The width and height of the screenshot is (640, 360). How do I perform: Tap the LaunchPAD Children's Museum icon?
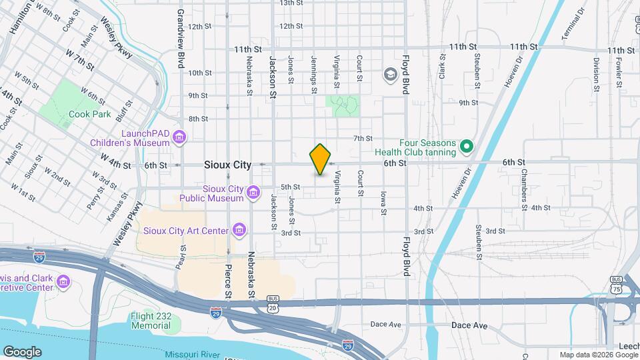(x=179, y=138)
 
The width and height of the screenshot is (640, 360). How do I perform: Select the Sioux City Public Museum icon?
(x=253, y=193)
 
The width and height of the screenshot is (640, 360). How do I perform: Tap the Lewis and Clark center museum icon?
(x=63, y=282)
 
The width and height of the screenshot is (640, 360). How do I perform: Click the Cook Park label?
(x=89, y=114)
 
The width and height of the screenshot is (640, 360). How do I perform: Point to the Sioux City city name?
(x=227, y=164)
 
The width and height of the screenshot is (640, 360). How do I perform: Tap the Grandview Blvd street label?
(x=181, y=39)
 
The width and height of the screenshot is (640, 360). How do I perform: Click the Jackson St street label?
(x=273, y=77)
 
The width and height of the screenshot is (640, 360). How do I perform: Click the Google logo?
(x=22, y=352)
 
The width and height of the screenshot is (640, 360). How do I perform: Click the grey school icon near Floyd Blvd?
(x=389, y=74)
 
